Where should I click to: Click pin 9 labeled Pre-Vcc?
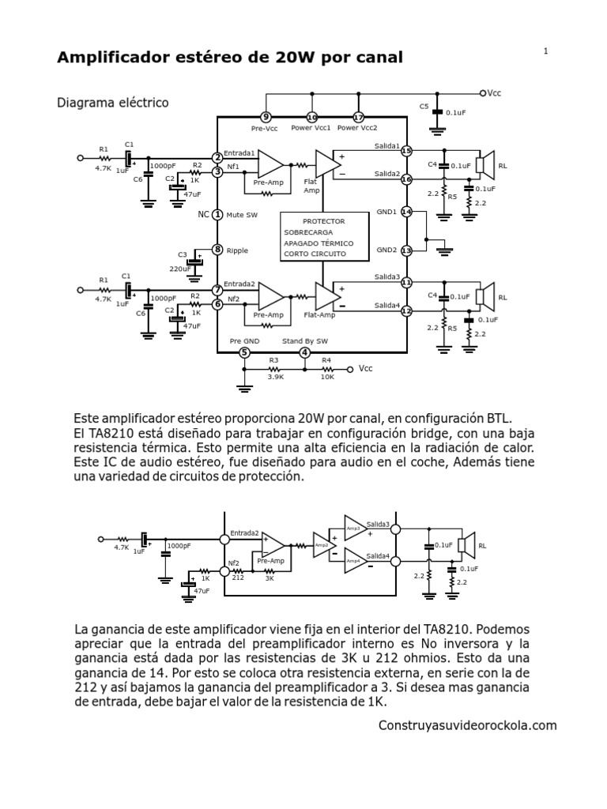[x=266, y=117]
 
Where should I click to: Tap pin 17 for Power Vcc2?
[x=358, y=117]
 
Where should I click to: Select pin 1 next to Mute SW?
[x=217, y=214]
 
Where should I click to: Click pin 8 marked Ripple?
[x=217, y=250]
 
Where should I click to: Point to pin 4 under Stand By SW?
[x=305, y=352]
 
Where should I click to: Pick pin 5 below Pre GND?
[x=245, y=352]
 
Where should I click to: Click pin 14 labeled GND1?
[x=406, y=212]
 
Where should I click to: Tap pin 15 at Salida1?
[x=406, y=151]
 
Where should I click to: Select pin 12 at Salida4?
[x=406, y=311]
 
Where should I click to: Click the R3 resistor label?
[x=273, y=360]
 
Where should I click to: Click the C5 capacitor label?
[x=424, y=105]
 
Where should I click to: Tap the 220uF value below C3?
[x=180, y=269]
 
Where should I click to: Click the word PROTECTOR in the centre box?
[x=324, y=222]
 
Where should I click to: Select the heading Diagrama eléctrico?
[x=113, y=103]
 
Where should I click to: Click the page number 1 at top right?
[x=546, y=51]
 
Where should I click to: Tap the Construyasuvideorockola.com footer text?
[x=468, y=725]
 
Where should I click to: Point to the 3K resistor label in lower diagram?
[x=270, y=578]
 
